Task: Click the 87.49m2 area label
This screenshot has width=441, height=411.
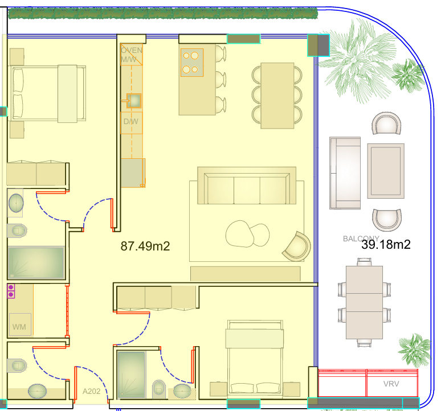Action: pyautogui.click(x=145, y=246)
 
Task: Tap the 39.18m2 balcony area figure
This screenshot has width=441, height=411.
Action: pyautogui.click(x=386, y=244)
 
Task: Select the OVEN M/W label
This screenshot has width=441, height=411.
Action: pyautogui.click(x=132, y=55)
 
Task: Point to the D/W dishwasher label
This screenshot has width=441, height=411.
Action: pyautogui.click(x=131, y=122)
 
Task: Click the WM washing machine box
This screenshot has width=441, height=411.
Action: pyautogui.click(x=20, y=324)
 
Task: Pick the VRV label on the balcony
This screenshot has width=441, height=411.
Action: pyautogui.click(x=391, y=384)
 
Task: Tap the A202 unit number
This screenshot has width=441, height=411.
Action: pyautogui.click(x=91, y=391)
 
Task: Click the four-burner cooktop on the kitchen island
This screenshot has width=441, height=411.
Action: pyautogui.click(x=192, y=63)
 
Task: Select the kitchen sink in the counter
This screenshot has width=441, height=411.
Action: pyautogui.click(x=134, y=101)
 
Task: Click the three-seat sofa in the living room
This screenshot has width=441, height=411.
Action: pyautogui.click(x=247, y=186)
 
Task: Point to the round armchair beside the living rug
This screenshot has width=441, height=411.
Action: pyautogui.click(x=297, y=246)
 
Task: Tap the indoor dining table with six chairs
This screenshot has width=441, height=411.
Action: pyautogui.click(x=277, y=96)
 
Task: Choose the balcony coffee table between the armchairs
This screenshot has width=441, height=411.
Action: pyautogui.click(x=386, y=171)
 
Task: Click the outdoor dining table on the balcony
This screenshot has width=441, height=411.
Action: pyautogui.click(x=364, y=302)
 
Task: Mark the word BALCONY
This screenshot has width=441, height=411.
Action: pyautogui.click(x=361, y=239)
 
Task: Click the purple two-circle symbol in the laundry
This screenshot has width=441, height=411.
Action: pyautogui.click(x=11, y=291)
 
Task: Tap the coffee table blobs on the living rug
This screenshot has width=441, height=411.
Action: pyautogui.click(x=247, y=234)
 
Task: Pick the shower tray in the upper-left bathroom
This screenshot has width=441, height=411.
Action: pyautogui.click(x=36, y=262)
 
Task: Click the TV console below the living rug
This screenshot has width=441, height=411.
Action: pyautogui.click(x=246, y=274)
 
